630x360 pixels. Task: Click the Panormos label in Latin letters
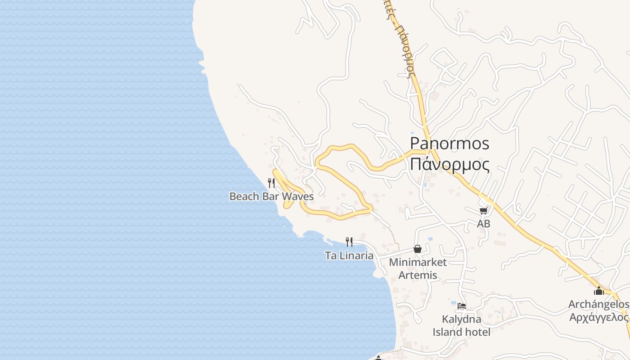pos(450,144)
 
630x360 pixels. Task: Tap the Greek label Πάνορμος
pos(450,164)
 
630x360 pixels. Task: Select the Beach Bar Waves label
pos(271,196)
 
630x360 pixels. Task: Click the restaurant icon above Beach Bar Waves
pos(271,183)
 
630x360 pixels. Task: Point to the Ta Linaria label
pos(349,256)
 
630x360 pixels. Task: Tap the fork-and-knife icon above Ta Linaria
pos(349,242)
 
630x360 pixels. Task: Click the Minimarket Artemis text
pos(418,268)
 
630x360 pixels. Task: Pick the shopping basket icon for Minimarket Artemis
pos(418,249)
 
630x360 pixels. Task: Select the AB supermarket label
pos(484,223)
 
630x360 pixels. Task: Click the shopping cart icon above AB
pos(484,211)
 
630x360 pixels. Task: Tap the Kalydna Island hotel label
pos(462,325)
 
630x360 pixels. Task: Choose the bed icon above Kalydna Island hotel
pos(462,306)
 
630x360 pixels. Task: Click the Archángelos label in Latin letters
pos(598,305)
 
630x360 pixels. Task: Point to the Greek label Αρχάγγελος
pos(598,317)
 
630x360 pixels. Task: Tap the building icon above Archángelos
pos(598,291)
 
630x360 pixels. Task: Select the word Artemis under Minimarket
pos(418,275)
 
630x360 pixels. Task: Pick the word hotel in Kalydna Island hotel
pos(477,332)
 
